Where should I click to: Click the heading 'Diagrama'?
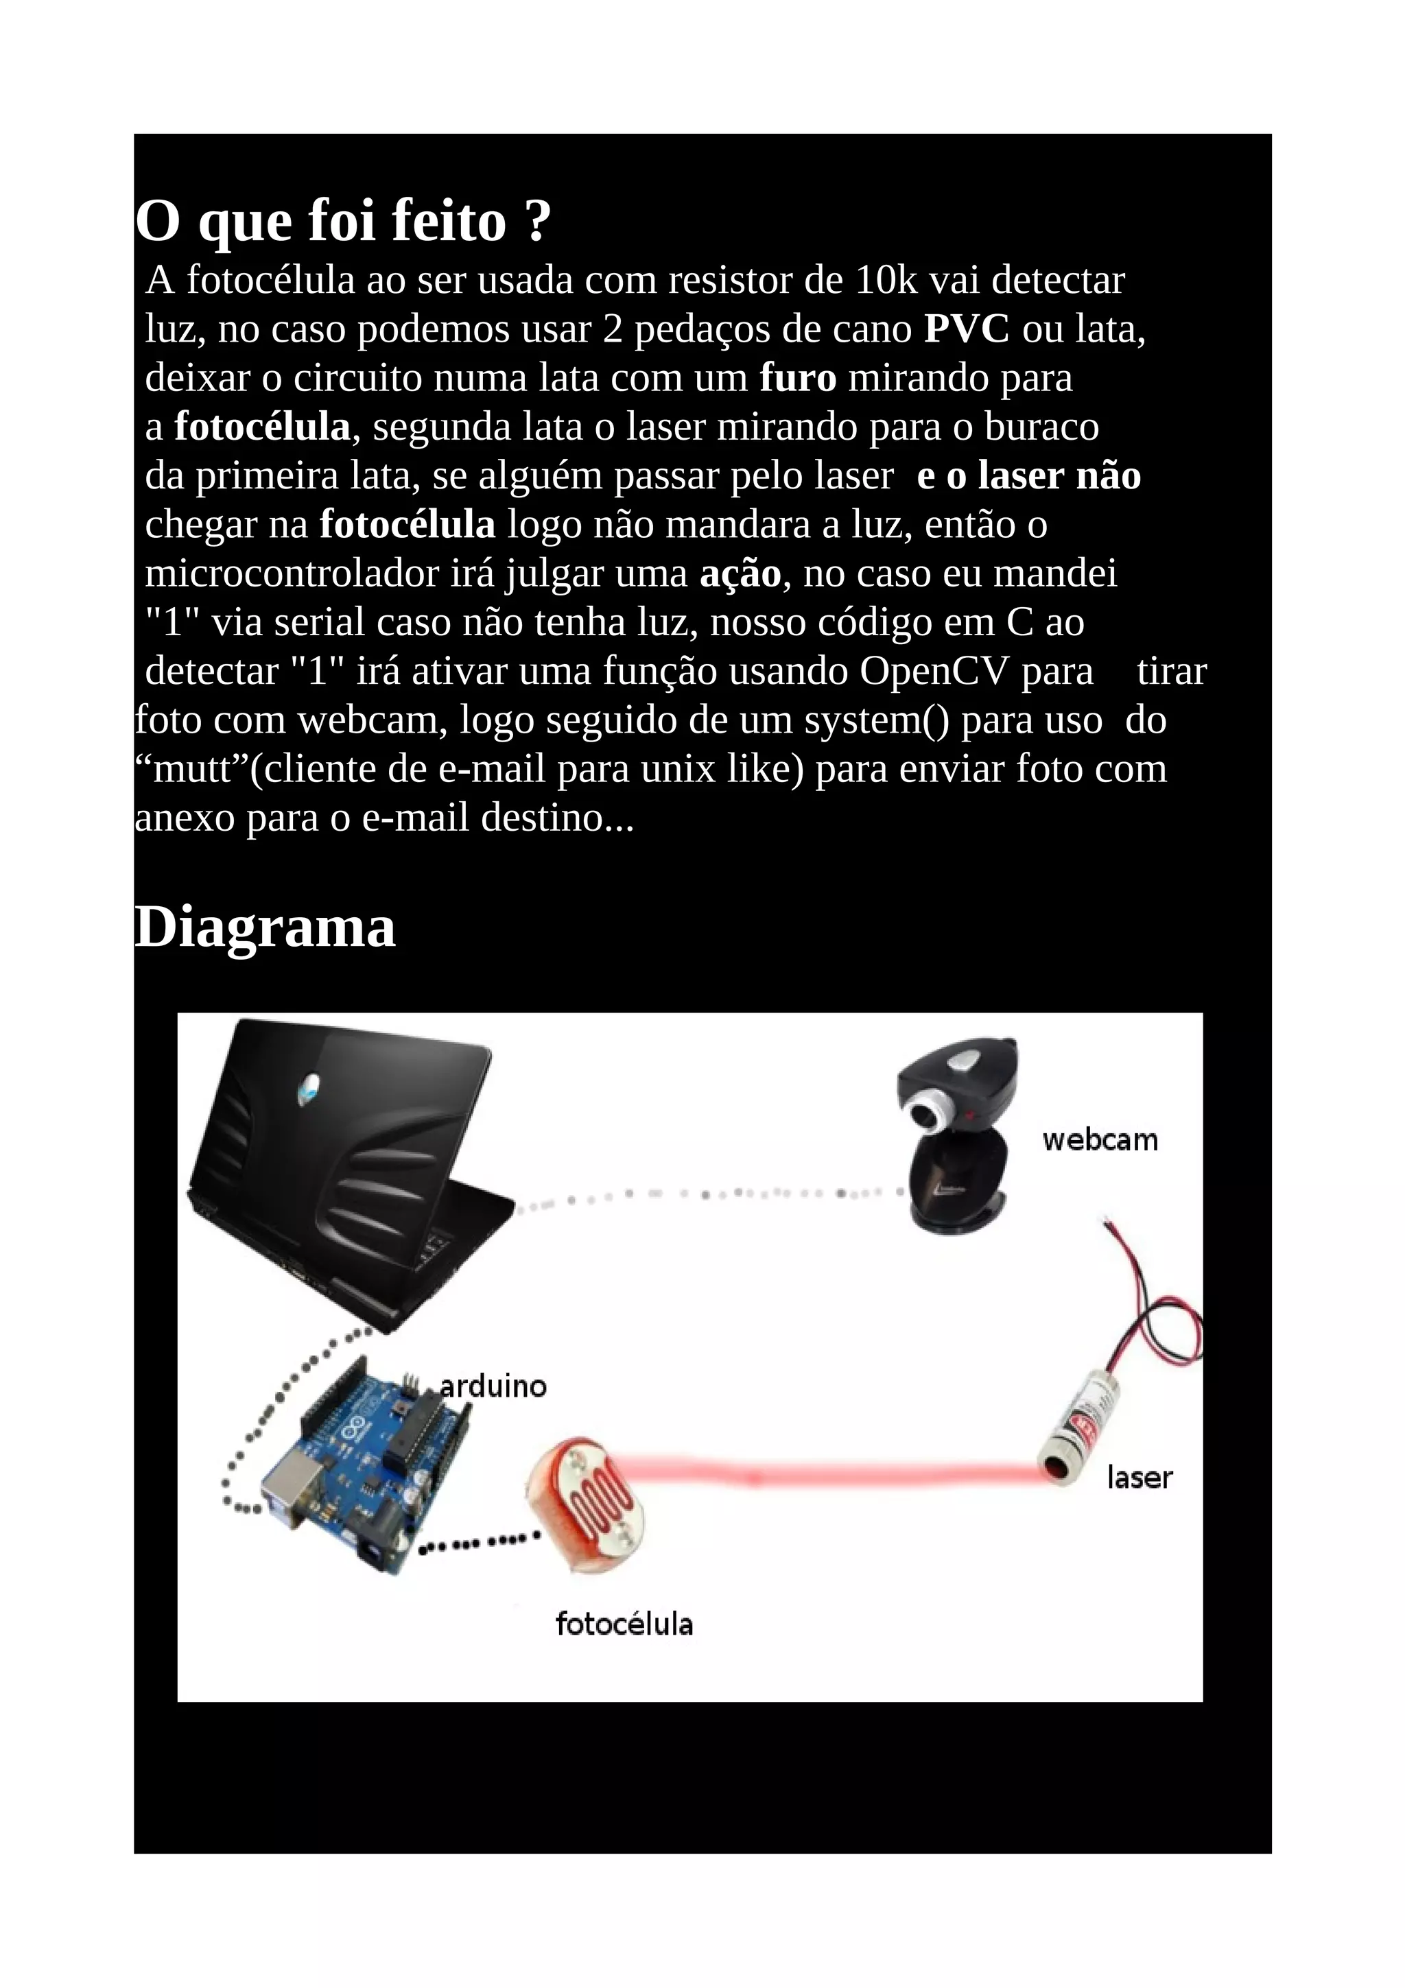click(x=265, y=928)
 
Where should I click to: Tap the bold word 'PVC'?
click(x=966, y=329)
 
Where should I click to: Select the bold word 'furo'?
click(x=797, y=379)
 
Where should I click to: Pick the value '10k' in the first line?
click(x=886, y=281)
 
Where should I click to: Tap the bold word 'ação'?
click(x=740, y=574)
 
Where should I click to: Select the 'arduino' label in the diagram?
click(x=493, y=1386)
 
